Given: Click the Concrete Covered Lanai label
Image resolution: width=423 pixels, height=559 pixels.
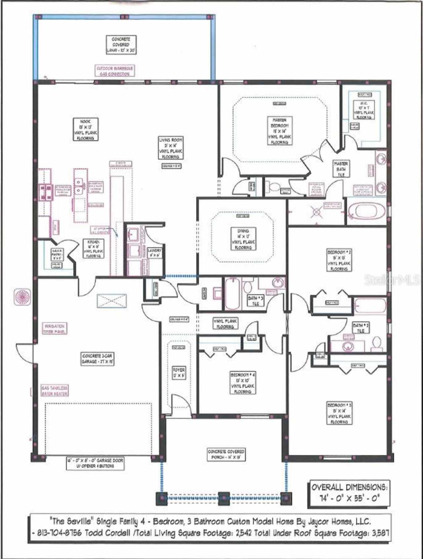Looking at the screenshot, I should coord(121,45).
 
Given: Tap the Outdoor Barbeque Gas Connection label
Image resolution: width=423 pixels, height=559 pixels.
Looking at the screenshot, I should coord(115,71).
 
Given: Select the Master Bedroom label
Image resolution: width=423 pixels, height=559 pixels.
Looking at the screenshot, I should coord(279,131).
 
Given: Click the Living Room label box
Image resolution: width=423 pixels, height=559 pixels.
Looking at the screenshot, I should coord(171,148).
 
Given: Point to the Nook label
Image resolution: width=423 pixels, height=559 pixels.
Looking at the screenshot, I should coord(85,130).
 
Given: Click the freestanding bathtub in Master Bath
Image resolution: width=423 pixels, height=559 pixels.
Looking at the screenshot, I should coord(366,211).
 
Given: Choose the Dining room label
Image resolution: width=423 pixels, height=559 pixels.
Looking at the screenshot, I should coord(243,239).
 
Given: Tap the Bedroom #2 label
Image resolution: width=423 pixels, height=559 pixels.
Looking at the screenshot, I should coord(339,261).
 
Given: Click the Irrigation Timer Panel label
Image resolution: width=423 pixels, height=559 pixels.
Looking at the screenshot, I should coord(55,328).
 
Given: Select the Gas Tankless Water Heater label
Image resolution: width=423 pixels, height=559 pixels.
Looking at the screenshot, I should coord(55,390).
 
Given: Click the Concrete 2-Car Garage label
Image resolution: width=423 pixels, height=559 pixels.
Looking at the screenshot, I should coord(98,359).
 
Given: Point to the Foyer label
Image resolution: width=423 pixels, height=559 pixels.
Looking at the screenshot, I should coord(179,372).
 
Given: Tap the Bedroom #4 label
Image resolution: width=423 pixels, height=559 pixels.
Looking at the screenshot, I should coord(243,383).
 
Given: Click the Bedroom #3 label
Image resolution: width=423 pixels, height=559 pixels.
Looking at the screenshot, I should coord(339,413).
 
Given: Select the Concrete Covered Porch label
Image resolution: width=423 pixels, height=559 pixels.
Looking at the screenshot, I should coord(226,454).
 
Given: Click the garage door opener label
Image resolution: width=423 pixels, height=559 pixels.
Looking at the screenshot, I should coord(95,463).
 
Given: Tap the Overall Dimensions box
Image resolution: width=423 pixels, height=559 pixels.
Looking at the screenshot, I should coord(348,493).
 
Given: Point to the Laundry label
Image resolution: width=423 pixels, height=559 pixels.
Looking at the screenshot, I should coord(154,253).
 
